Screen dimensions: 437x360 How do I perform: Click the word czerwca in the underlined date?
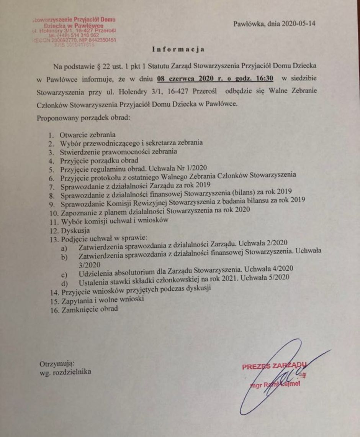(x=183, y=80)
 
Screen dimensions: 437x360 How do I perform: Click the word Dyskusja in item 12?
(x=73, y=231)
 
